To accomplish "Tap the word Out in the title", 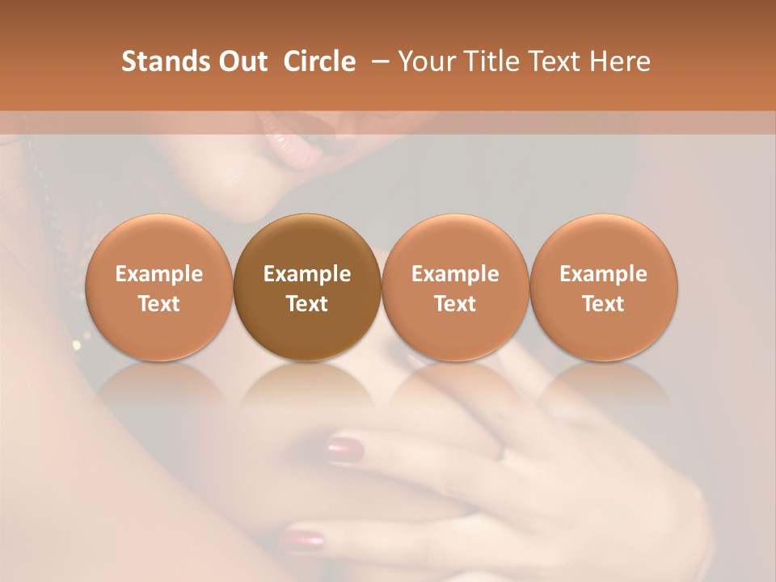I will click(x=241, y=61).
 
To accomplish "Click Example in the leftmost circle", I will click(x=159, y=274).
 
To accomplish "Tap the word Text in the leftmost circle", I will click(x=159, y=304).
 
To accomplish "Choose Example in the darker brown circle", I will click(x=307, y=274).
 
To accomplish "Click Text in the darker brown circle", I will click(x=307, y=304).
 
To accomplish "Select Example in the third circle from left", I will click(x=455, y=274).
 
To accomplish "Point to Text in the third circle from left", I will click(x=455, y=304).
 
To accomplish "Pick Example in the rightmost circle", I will click(x=603, y=274).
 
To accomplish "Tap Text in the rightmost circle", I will click(x=603, y=304).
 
